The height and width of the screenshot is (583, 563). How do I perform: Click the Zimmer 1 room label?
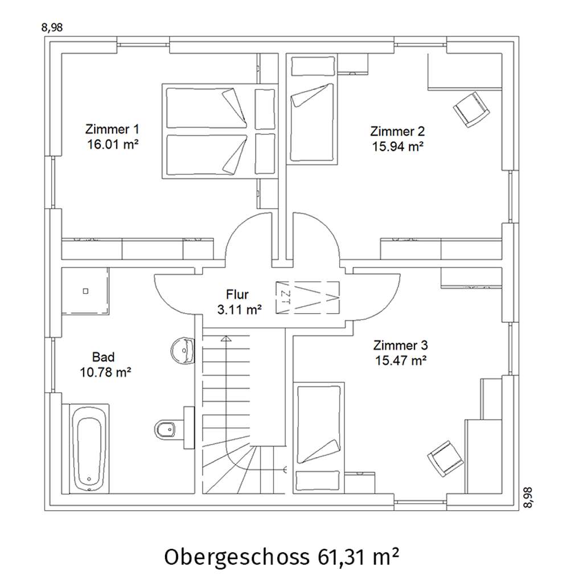coord(112,129)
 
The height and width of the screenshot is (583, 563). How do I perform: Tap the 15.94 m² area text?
coord(398,146)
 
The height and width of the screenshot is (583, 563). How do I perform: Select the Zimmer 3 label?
coord(401,346)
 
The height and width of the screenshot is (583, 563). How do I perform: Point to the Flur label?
coord(237,294)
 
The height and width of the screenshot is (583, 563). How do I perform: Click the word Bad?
coord(104,358)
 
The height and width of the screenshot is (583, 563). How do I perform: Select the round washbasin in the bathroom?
coord(182,350)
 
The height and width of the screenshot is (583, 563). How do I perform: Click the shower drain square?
coord(85,291)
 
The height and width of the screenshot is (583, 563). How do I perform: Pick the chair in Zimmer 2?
coord(471,110)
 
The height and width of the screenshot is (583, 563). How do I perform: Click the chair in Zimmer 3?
coord(446,459)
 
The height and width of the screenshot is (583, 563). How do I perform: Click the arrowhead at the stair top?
coord(226,338)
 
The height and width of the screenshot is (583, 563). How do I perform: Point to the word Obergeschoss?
coord(236,557)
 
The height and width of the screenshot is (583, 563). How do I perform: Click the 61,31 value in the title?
coord(341,557)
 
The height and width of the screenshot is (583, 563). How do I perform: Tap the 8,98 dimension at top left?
coord(52,27)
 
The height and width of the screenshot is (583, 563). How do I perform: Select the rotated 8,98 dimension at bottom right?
coord(528,498)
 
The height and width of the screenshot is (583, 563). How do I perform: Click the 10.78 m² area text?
coord(106,372)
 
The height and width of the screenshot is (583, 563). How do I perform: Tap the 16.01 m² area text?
coord(113,144)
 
